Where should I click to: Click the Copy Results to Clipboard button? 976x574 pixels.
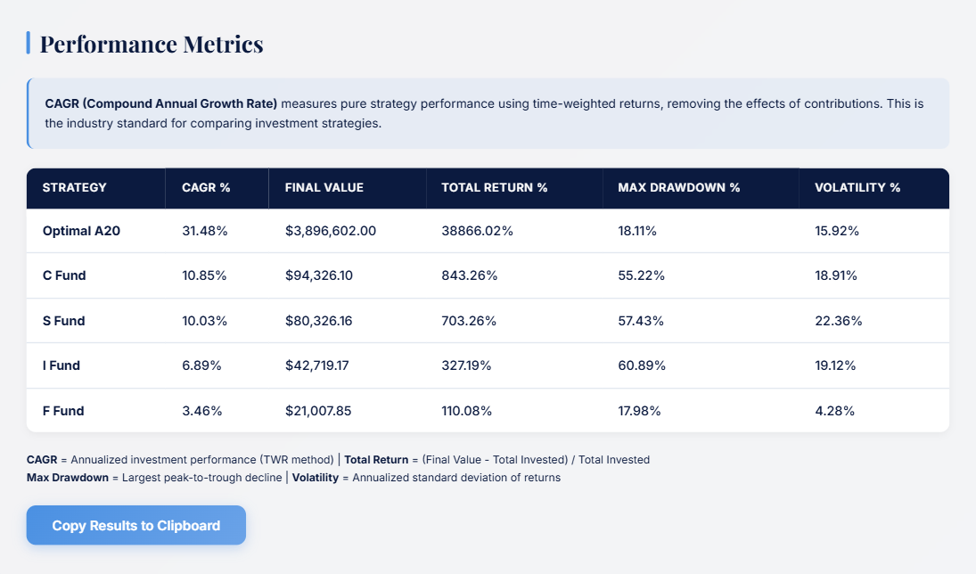click(x=135, y=525)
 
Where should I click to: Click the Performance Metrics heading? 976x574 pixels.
click(x=151, y=44)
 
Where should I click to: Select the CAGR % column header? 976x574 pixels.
click(x=206, y=188)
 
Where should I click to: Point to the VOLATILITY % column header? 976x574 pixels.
click(x=857, y=188)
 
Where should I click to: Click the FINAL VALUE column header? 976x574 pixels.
click(x=324, y=188)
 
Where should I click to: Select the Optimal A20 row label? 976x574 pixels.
click(x=81, y=231)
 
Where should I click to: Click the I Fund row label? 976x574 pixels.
click(x=62, y=365)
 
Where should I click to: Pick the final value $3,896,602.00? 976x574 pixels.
click(x=331, y=231)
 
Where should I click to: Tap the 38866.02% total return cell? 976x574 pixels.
click(x=478, y=231)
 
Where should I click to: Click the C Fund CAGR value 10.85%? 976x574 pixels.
click(x=204, y=275)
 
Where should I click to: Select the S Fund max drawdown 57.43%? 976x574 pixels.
click(x=642, y=321)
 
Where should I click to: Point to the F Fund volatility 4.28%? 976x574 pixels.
click(x=835, y=411)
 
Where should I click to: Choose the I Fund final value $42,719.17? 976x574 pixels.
click(x=324, y=365)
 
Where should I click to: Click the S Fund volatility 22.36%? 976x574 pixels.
click(x=838, y=321)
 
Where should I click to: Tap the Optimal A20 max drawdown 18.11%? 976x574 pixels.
click(x=637, y=231)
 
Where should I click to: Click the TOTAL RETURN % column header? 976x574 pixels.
click(x=495, y=188)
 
